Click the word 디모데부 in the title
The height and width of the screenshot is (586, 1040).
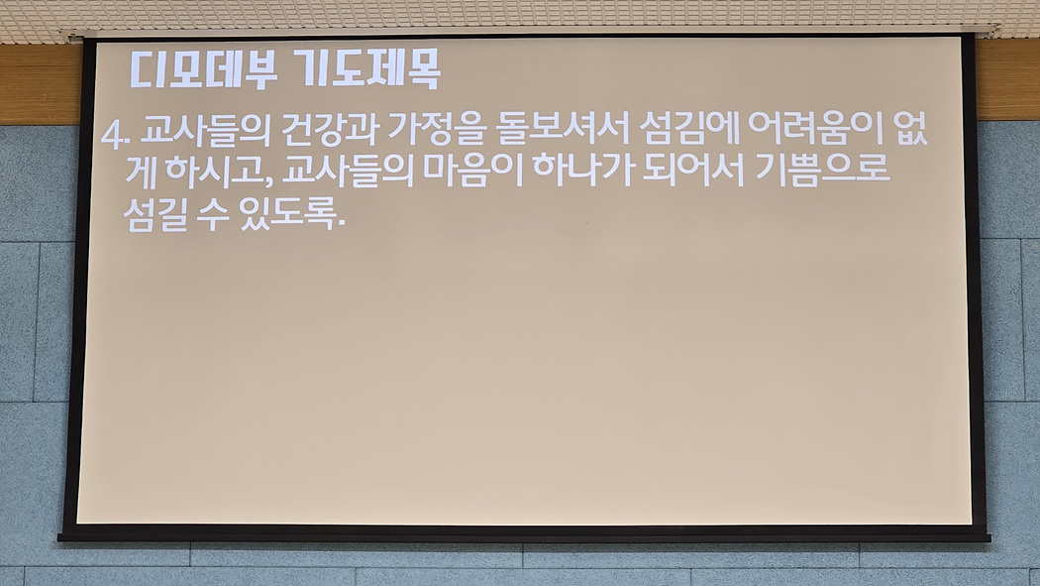tap(203, 68)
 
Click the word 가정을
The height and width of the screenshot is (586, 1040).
tap(435, 130)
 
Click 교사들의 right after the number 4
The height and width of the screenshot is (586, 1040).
tap(206, 131)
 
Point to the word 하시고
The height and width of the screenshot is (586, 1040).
tap(220, 172)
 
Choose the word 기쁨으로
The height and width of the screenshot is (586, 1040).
tap(822, 170)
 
